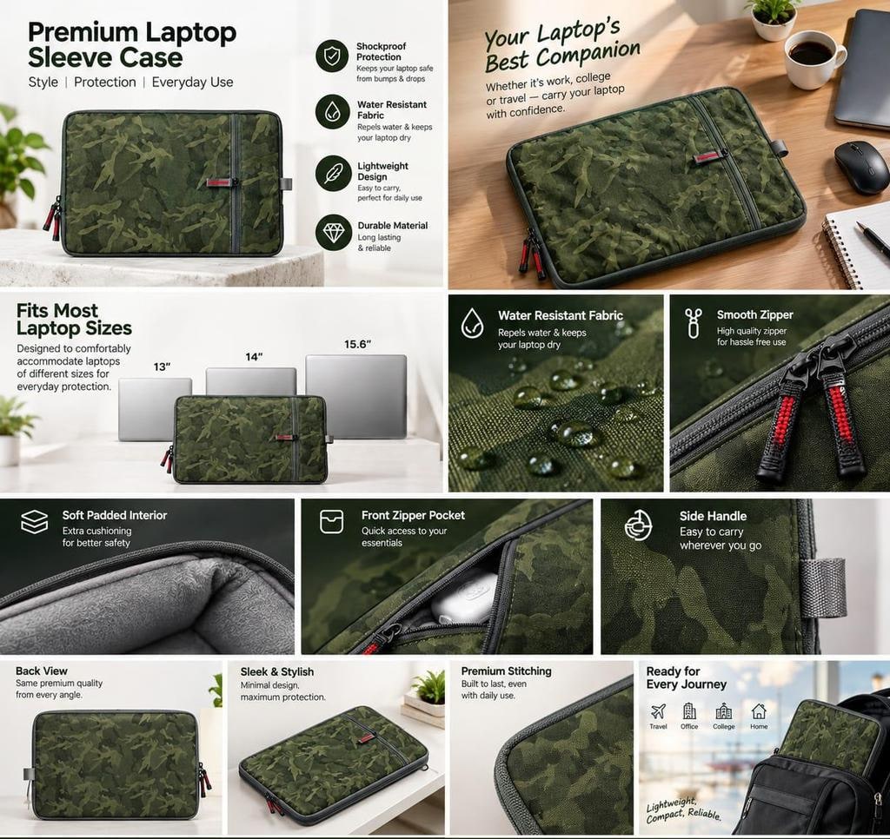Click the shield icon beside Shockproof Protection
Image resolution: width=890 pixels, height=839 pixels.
332,56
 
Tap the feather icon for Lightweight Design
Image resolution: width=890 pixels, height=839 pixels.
333,174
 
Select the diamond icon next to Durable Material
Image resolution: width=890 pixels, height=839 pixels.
334,233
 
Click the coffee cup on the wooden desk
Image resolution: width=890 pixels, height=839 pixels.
814,57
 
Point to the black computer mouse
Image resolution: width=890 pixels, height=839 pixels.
862,167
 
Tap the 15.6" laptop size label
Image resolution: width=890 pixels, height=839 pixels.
357,344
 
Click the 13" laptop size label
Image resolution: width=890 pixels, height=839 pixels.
162,367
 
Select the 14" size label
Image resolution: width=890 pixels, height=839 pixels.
254,357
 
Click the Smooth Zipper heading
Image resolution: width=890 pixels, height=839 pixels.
755,314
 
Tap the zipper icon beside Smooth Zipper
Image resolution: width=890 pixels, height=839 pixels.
693,323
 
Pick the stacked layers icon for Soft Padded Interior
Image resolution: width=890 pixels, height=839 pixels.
35,521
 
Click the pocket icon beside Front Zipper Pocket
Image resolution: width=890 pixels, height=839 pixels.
331,521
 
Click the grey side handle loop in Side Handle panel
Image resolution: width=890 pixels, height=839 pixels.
822,587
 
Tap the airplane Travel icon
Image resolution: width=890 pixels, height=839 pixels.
658,710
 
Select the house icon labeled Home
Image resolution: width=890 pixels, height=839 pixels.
759,710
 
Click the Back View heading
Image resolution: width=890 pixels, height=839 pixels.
42,671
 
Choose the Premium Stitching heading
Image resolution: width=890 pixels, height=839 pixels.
507,671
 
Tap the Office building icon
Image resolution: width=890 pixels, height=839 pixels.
689,710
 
